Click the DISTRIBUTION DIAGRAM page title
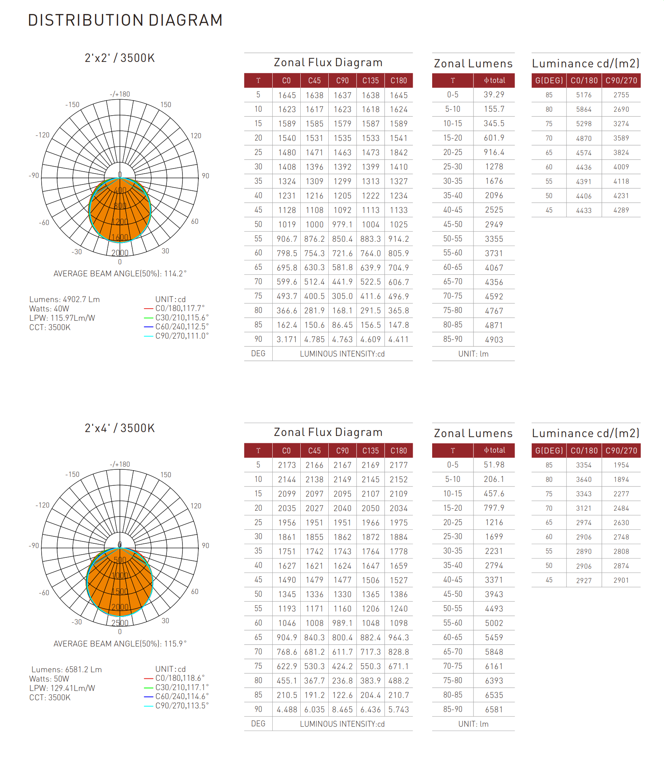point(125,20)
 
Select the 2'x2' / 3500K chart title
point(120,58)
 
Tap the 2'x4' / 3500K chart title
point(120,428)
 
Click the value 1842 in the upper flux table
point(399,153)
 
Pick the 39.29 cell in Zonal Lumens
point(494,95)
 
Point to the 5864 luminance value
point(583,109)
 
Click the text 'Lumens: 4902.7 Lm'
point(65,299)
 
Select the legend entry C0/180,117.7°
point(180,308)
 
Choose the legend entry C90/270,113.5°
point(182,706)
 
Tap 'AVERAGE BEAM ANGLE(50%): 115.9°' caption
point(120,644)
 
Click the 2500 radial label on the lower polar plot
point(120,623)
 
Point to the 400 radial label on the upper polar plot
point(120,190)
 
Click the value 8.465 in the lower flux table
point(342,710)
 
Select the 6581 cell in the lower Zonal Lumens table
point(494,710)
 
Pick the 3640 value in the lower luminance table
point(583,480)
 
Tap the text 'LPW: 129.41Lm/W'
point(62,688)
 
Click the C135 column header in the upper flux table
point(370,81)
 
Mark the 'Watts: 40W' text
point(49,309)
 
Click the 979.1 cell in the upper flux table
point(342,225)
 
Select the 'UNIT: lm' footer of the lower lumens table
point(473,724)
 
